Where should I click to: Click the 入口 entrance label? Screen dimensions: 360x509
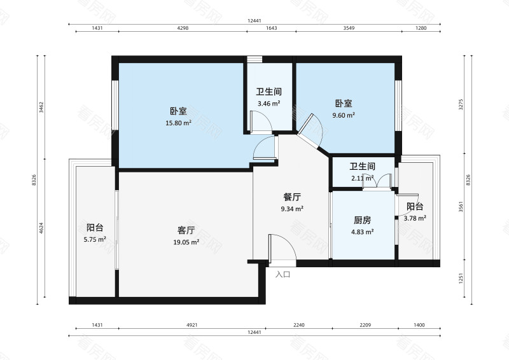[283, 275]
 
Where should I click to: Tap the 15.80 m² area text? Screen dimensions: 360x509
[179, 123]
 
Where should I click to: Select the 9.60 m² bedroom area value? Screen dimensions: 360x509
[344, 116]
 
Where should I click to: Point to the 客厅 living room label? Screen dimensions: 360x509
[186, 230]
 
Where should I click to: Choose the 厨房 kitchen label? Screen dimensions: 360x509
[363, 220]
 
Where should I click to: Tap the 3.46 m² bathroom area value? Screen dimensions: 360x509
[268, 103]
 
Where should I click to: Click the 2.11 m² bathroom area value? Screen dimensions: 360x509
[362, 178]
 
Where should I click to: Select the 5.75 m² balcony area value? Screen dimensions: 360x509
[95, 240]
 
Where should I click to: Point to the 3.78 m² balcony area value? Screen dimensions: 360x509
[415, 219]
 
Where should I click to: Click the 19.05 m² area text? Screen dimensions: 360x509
[186, 242]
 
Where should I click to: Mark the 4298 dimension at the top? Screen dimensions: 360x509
[183, 28]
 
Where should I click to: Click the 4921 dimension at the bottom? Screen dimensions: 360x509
[192, 325]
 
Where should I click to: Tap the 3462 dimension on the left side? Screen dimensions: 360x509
[41, 106]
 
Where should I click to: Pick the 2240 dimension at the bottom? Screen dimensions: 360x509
[299, 325]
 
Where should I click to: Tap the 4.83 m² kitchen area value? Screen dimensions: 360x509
[363, 232]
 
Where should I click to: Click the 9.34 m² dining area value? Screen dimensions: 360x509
[292, 209]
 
